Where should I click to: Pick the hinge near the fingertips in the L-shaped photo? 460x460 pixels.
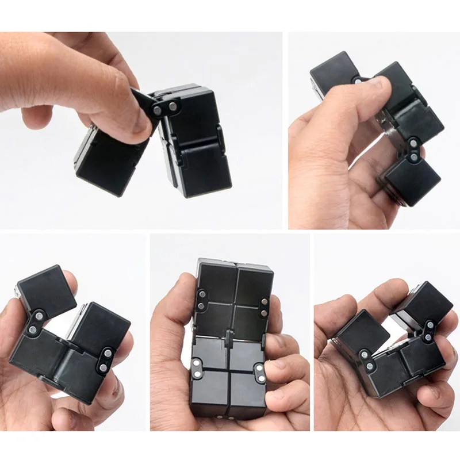click(106, 360)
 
